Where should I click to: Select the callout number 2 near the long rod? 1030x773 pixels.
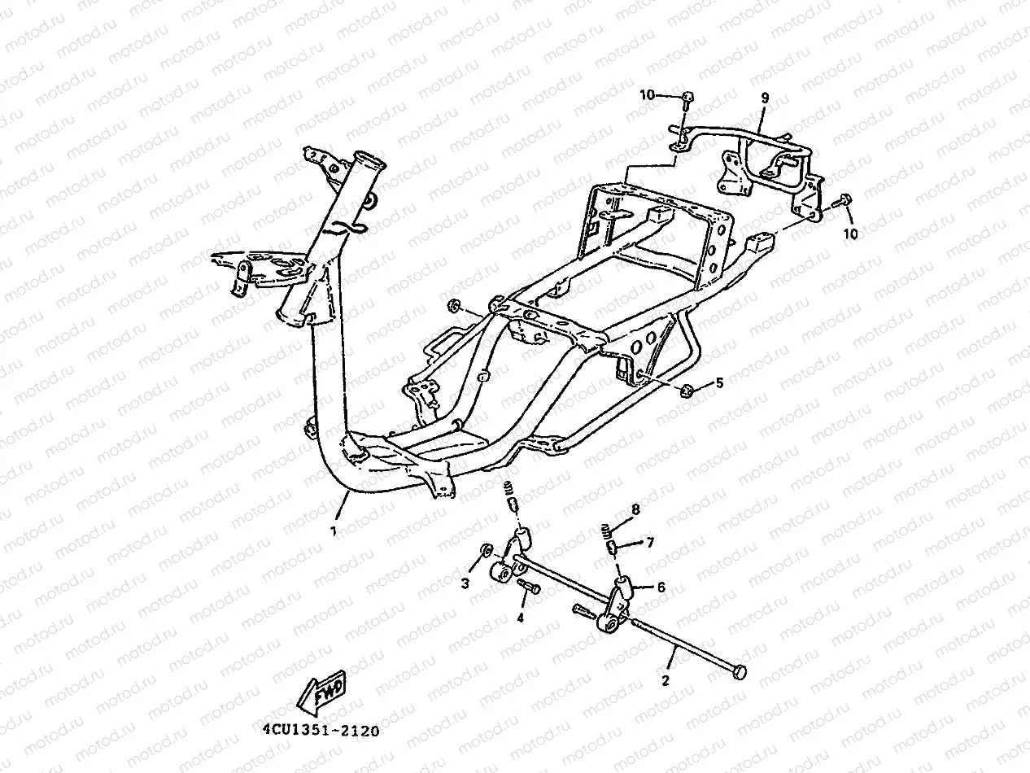click(666, 680)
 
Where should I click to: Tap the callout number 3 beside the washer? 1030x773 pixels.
click(465, 583)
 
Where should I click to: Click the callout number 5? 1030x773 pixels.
click(718, 382)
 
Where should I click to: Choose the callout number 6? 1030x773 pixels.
click(661, 587)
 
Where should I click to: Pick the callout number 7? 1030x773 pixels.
click(649, 542)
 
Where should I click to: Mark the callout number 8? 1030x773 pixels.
click(635, 509)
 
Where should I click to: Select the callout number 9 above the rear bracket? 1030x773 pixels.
click(765, 98)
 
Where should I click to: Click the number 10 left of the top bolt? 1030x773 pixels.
click(647, 95)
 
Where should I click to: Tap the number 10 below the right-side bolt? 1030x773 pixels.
click(851, 234)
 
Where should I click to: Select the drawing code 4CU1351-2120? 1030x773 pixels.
click(321, 731)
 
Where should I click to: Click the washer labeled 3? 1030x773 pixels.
click(487, 551)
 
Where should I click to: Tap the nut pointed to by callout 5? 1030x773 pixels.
click(686, 391)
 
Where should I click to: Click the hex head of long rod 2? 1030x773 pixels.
click(739, 671)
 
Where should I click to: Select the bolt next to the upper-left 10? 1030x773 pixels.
click(687, 101)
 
